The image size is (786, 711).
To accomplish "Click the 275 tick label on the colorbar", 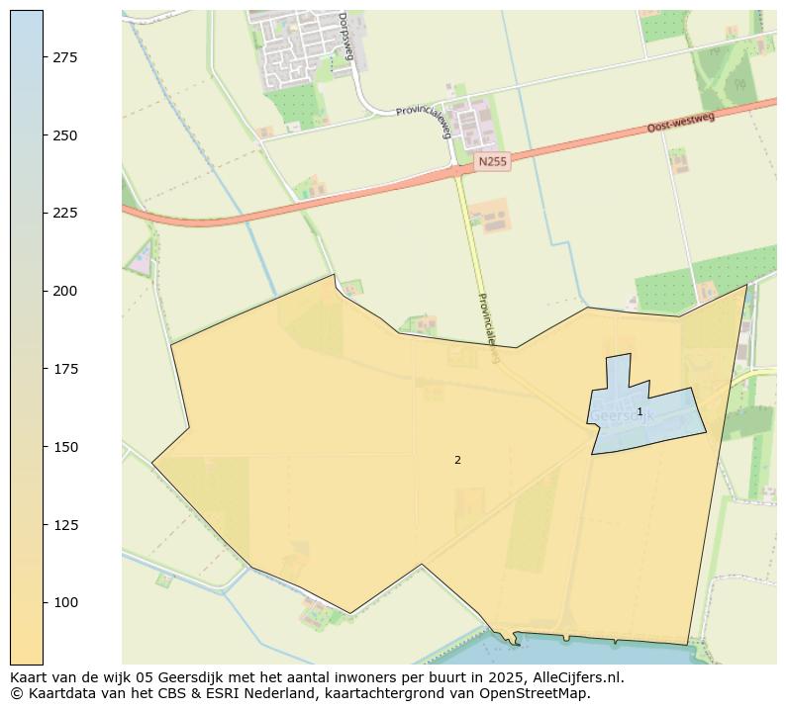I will [x=65, y=57].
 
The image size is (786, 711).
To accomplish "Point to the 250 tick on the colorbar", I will [x=65, y=135].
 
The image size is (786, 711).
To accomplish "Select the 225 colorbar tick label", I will [x=65, y=213].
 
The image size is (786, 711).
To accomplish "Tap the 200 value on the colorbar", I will [x=65, y=291].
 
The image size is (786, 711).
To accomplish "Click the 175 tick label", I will [x=65, y=369].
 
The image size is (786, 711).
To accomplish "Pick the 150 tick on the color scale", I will [x=65, y=447].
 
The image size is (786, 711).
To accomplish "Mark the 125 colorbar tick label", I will [x=65, y=524].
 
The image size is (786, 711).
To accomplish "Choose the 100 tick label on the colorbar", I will [x=65, y=602].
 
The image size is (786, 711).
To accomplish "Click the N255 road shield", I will [x=492, y=161].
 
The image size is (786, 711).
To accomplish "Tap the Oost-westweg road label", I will [x=680, y=124].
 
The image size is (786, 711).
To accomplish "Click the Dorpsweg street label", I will [x=344, y=36].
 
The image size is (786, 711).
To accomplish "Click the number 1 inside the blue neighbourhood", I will [x=639, y=411].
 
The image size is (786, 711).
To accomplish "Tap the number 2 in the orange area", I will [x=457, y=460].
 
